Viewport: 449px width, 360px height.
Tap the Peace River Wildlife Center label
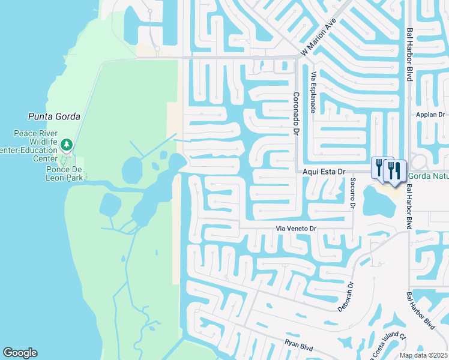[x=36, y=146]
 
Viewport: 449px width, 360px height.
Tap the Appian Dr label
[x=432, y=115]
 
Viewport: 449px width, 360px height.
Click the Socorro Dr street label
[x=352, y=194]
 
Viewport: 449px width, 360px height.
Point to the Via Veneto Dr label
[x=295, y=229]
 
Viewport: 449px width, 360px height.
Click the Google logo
[x=20, y=353]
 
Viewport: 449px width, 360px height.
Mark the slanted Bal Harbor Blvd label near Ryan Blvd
[x=420, y=311]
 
